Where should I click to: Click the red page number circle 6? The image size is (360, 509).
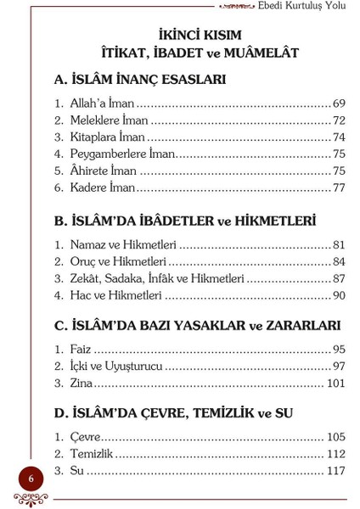(x=31, y=478)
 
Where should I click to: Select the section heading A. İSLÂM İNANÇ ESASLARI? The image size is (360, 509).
(x=139, y=80)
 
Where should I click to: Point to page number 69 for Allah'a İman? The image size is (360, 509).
(x=339, y=104)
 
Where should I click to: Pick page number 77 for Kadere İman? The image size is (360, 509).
(x=339, y=187)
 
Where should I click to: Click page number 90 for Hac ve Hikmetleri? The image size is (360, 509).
(x=339, y=295)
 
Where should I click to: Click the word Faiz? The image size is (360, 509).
(x=81, y=350)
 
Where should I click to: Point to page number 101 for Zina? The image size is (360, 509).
(x=336, y=383)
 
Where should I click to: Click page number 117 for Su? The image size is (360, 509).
(x=336, y=471)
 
